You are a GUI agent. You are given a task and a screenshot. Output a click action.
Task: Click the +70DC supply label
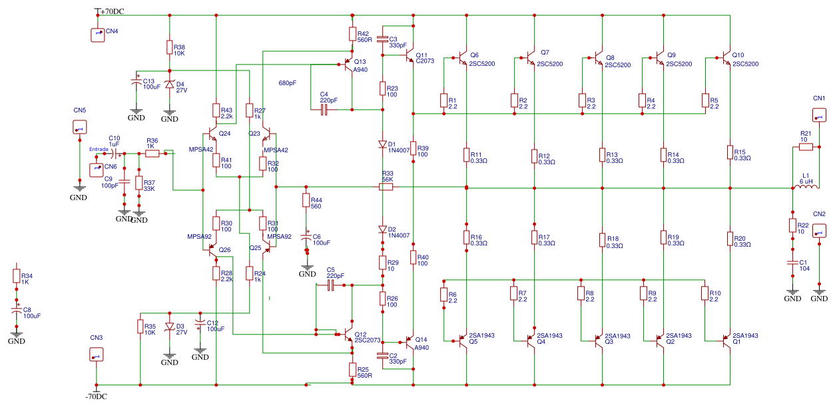[x=115, y=11]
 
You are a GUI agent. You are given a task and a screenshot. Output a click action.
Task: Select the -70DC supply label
[x=96, y=397]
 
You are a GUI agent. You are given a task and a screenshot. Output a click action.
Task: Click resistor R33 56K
[x=387, y=188]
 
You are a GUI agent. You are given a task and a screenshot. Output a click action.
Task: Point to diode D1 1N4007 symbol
[x=382, y=144]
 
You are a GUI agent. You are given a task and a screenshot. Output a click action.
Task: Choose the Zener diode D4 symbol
[x=169, y=84]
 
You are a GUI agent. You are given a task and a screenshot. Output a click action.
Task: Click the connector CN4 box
[x=98, y=35]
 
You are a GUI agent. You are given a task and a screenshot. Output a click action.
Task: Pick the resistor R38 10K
[x=169, y=47]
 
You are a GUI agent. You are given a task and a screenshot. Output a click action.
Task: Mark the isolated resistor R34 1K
[x=17, y=275]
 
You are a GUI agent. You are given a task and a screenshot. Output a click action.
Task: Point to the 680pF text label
[x=288, y=83]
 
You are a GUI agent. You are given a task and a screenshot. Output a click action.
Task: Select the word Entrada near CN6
[x=99, y=149]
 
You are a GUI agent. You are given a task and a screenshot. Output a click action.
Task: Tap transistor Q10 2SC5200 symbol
[x=726, y=59]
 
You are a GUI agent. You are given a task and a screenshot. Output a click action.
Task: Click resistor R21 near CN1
[x=805, y=146]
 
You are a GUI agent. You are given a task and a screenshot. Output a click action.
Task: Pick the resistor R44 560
[x=306, y=200]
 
